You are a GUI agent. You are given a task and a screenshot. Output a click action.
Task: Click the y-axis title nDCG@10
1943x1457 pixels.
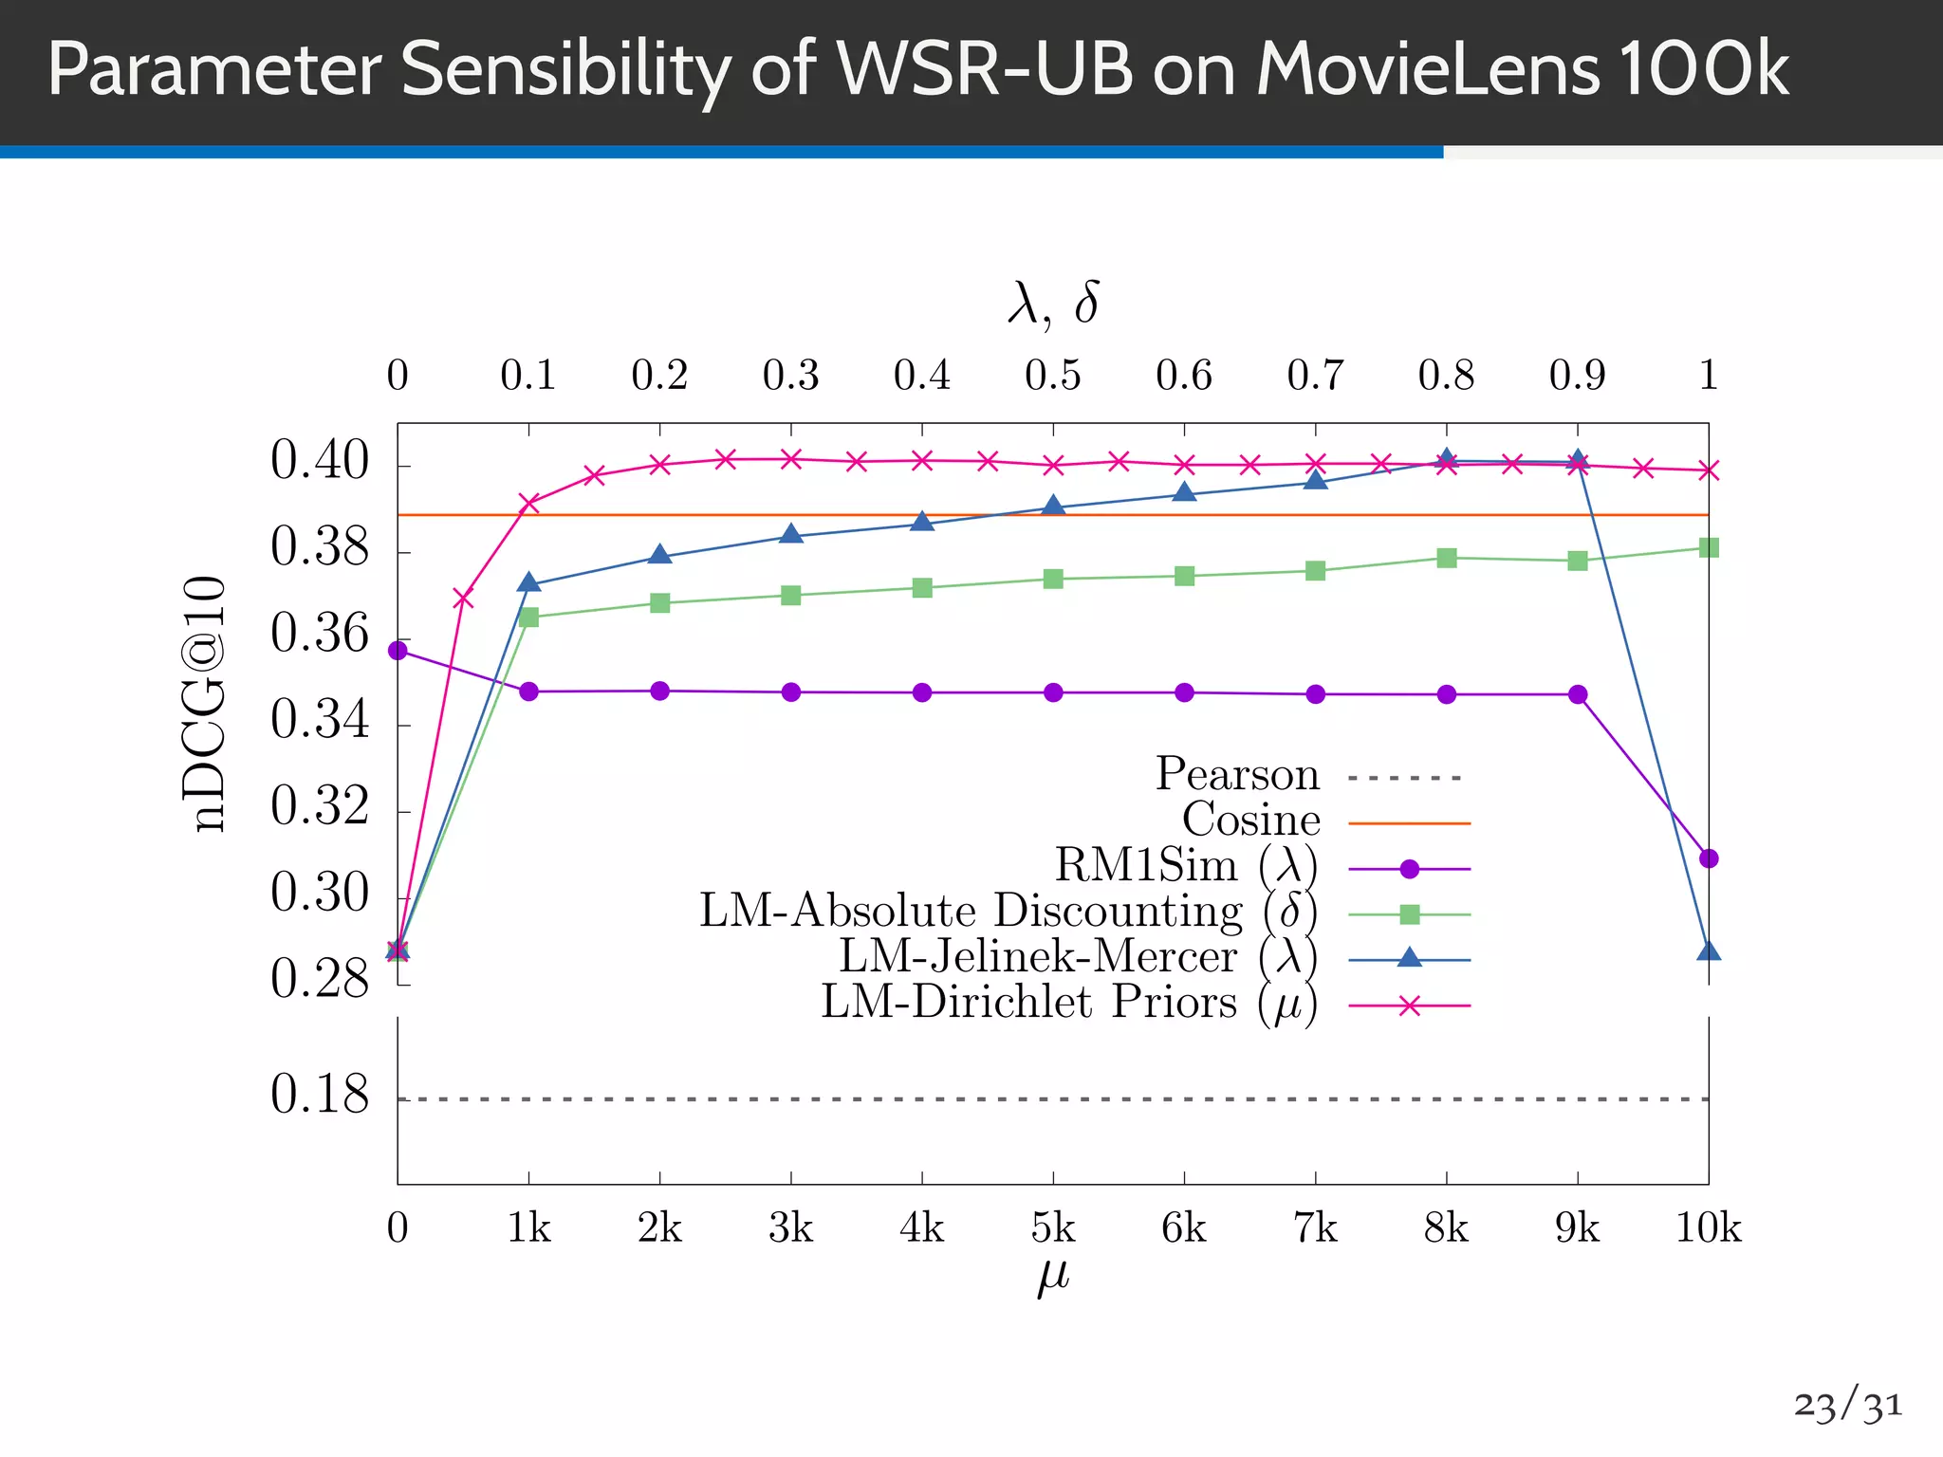click(204, 703)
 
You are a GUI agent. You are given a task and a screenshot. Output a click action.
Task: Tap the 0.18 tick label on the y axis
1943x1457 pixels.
click(319, 1096)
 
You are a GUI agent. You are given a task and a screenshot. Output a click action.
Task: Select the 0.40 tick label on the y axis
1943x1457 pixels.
click(319, 463)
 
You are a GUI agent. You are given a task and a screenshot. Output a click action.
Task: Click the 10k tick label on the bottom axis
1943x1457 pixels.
click(1708, 1228)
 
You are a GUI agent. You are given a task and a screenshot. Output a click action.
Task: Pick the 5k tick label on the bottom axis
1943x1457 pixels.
click(1053, 1228)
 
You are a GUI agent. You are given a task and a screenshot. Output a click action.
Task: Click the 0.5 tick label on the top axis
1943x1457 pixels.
click(1053, 376)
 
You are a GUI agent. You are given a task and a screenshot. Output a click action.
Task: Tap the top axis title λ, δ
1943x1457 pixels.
click(1053, 304)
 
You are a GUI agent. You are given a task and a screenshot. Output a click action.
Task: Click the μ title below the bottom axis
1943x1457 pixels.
click(1053, 1276)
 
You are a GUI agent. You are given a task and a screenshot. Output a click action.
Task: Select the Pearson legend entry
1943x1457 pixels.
click(1237, 775)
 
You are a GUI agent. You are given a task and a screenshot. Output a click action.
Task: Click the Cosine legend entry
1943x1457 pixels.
click(1250, 821)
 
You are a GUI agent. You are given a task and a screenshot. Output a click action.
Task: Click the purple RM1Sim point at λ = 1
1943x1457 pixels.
click(1709, 858)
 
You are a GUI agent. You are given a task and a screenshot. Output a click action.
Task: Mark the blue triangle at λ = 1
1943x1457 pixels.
click(1709, 950)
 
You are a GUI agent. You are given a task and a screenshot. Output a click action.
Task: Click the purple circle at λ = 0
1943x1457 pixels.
click(398, 651)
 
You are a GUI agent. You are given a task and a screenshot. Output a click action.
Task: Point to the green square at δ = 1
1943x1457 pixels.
click(1709, 547)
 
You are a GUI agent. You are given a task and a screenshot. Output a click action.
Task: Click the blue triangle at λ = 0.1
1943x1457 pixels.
click(529, 582)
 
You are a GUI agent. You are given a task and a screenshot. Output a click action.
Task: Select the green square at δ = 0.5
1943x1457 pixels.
click(1053, 579)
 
